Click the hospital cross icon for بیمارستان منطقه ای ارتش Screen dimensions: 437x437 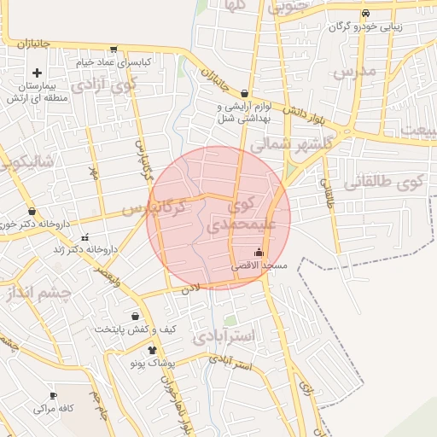[x=37, y=73]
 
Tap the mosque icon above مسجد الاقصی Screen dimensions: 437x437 [x=259, y=253]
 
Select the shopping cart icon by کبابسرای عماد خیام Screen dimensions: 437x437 [x=114, y=50]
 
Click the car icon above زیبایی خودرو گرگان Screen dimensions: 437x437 [x=365, y=14]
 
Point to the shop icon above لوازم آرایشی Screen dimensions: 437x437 [x=245, y=94]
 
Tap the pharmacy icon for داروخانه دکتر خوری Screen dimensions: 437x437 [x=32, y=211]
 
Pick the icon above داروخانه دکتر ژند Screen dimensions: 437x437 [x=84, y=237]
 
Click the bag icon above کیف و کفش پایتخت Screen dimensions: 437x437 [x=135, y=317]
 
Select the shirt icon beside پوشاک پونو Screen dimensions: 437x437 [x=152, y=350]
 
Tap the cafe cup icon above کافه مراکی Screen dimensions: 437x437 [x=53, y=396]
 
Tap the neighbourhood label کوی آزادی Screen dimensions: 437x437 [x=104, y=84]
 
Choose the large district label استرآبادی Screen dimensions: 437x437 [x=224, y=337]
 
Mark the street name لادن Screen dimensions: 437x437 [x=189, y=290]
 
